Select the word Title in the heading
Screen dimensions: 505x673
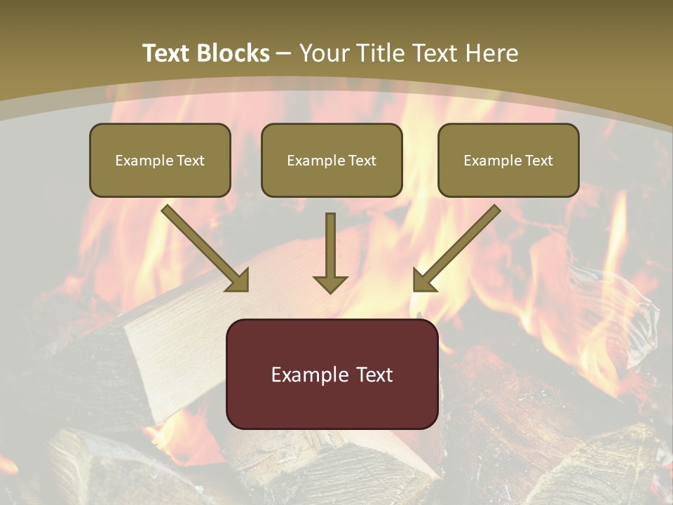[383, 53]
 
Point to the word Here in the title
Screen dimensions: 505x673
[492, 53]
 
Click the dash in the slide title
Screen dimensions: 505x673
[284, 53]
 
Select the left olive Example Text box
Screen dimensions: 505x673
[160, 160]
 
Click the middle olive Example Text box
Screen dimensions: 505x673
[332, 160]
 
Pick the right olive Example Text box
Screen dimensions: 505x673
[508, 160]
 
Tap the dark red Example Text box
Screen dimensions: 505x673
[332, 374]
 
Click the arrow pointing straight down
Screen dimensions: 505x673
[330, 249]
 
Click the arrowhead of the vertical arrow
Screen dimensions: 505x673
[330, 283]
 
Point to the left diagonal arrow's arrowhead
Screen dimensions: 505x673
[238, 280]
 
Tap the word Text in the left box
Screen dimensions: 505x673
[191, 161]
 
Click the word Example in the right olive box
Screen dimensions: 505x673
[492, 161]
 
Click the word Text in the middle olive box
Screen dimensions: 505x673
[362, 161]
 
